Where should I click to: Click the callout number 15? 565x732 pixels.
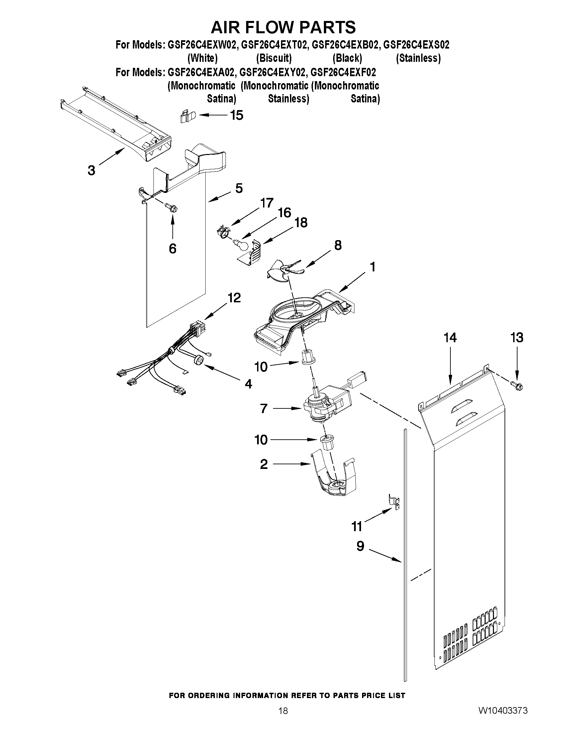click(236, 115)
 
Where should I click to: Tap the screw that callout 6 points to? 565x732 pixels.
click(173, 209)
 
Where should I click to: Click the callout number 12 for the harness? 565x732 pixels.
click(234, 298)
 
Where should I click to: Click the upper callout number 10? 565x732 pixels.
click(261, 367)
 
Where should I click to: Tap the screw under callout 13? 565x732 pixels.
click(517, 386)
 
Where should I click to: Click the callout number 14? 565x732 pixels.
click(450, 338)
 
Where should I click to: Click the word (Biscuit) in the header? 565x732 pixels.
click(274, 58)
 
